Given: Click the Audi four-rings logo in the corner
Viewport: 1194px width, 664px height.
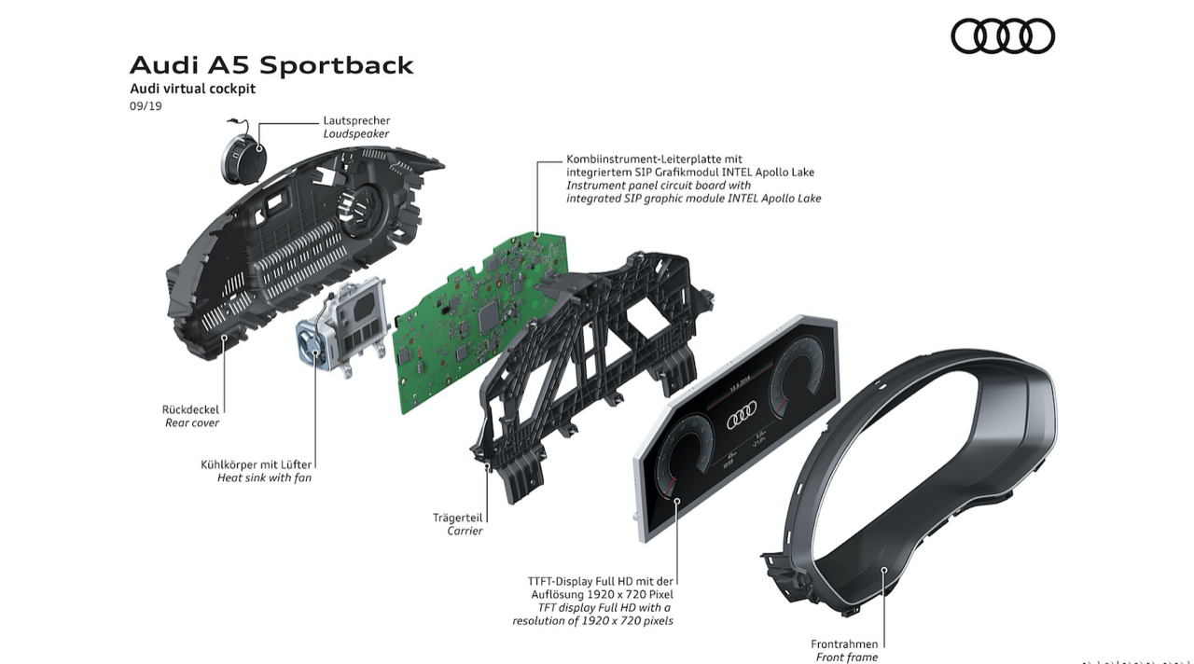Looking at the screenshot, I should pos(1003,36).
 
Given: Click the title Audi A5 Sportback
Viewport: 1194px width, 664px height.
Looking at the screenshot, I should pos(271,65).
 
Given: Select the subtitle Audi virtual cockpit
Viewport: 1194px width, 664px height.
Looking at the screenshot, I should pos(192,89).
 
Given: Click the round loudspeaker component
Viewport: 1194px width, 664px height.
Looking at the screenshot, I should pos(242,156).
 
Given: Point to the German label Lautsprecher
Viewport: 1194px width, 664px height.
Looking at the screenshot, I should pos(356,120).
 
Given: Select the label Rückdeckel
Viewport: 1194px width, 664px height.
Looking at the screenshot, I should pos(190,409).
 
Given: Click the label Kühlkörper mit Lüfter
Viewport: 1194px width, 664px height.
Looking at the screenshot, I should pos(257,463).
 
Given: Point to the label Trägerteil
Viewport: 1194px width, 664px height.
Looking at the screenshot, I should pos(457,517).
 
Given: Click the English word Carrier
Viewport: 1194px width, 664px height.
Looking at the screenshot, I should pos(465,531).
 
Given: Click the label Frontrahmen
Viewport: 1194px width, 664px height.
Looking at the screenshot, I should pos(844,643).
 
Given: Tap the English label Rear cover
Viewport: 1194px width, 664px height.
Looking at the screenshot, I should pos(191,423).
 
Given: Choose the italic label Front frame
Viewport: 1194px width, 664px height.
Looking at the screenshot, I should pos(846,657).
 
